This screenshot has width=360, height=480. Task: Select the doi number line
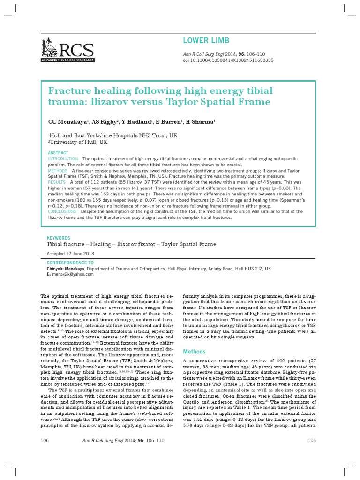click(x=228, y=60)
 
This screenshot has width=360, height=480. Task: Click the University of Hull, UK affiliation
click(x=78, y=142)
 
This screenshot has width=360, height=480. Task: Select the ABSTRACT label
click(x=58, y=153)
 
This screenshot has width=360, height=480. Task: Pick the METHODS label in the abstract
click(x=58, y=171)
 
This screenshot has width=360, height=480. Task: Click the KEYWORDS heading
click(x=59, y=238)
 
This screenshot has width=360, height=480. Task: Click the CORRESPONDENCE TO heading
click(x=70, y=263)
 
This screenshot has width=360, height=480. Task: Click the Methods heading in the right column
click(x=194, y=351)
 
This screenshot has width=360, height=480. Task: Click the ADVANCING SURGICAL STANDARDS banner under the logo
click(x=67, y=61)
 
